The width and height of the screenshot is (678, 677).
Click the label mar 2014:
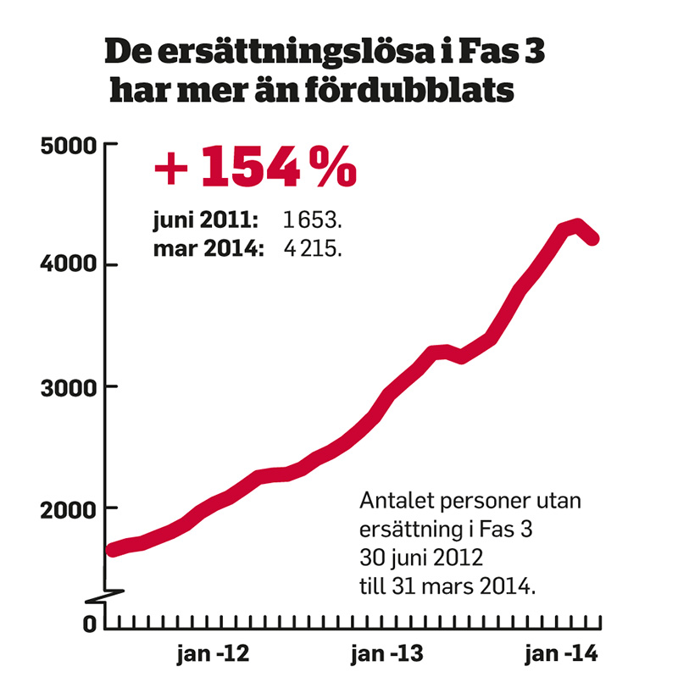point(208,249)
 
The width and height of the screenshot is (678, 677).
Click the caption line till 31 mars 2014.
point(448,586)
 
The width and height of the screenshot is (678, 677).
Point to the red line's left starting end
point(111,551)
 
